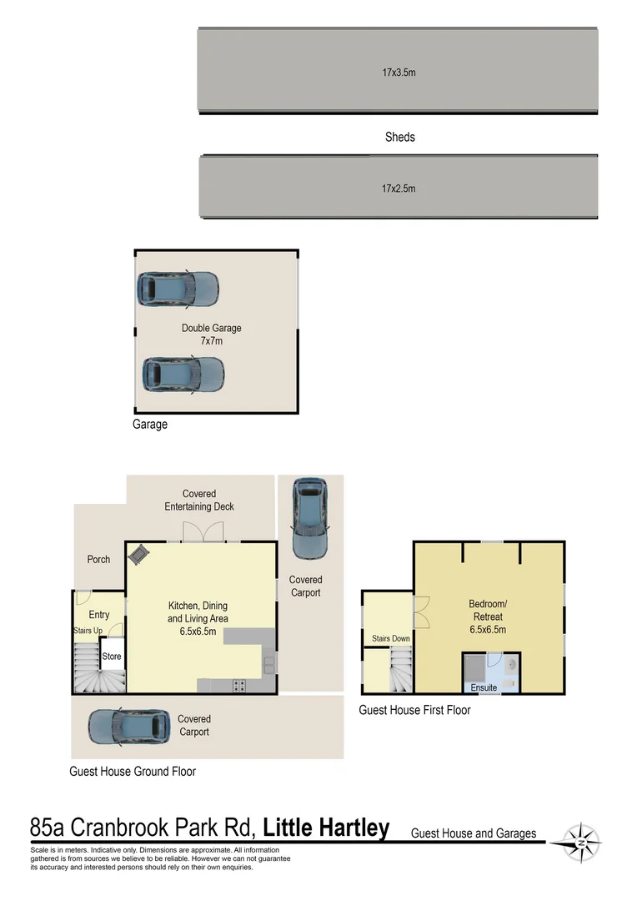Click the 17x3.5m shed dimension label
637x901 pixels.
click(x=399, y=73)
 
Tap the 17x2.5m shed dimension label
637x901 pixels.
click(x=399, y=189)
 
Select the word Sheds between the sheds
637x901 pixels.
click(x=399, y=137)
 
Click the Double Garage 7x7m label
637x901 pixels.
click(x=212, y=335)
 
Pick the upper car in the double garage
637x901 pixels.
click(x=178, y=289)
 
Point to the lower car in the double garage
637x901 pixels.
click(x=183, y=375)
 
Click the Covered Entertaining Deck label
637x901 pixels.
click(x=199, y=500)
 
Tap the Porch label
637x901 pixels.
click(x=98, y=559)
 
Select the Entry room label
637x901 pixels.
click(x=98, y=615)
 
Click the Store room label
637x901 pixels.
click(x=112, y=657)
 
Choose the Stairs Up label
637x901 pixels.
click(x=88, y=631)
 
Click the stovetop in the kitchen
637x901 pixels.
click(x=239, y=685)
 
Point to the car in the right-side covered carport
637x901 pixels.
click(x=310, y=518)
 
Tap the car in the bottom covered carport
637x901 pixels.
click(x=129, y=727)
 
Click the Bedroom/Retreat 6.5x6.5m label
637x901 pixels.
click(x=488, y=617)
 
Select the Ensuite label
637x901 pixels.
click(x=484, y=687)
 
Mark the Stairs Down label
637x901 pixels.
click(x=390, y=638)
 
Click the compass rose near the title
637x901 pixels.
click(x=581, y=843)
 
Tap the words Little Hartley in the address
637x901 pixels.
click(x=326, y=828)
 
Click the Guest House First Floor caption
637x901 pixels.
click(x=414, y=710)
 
